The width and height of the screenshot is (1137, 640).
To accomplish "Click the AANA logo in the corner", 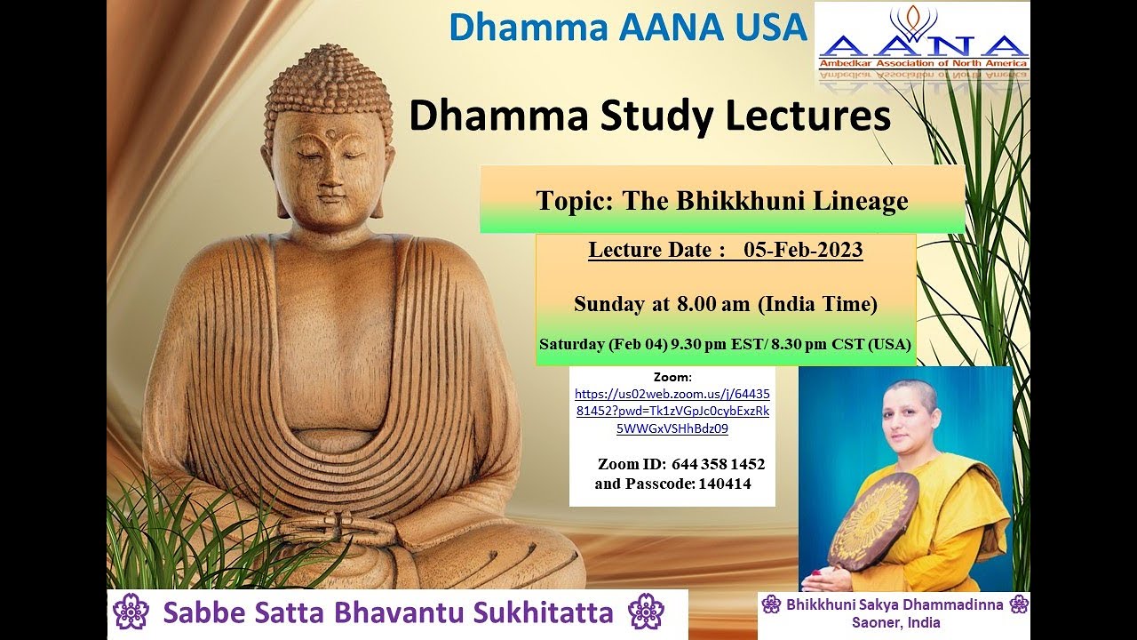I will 922,44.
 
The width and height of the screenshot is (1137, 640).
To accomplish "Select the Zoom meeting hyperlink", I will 672,411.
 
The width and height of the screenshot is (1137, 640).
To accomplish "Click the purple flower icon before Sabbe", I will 131,612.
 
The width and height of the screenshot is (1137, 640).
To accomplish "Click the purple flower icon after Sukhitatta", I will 646,612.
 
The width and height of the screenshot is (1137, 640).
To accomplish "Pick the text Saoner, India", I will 895,622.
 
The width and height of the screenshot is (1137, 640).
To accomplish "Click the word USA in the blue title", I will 763,27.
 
